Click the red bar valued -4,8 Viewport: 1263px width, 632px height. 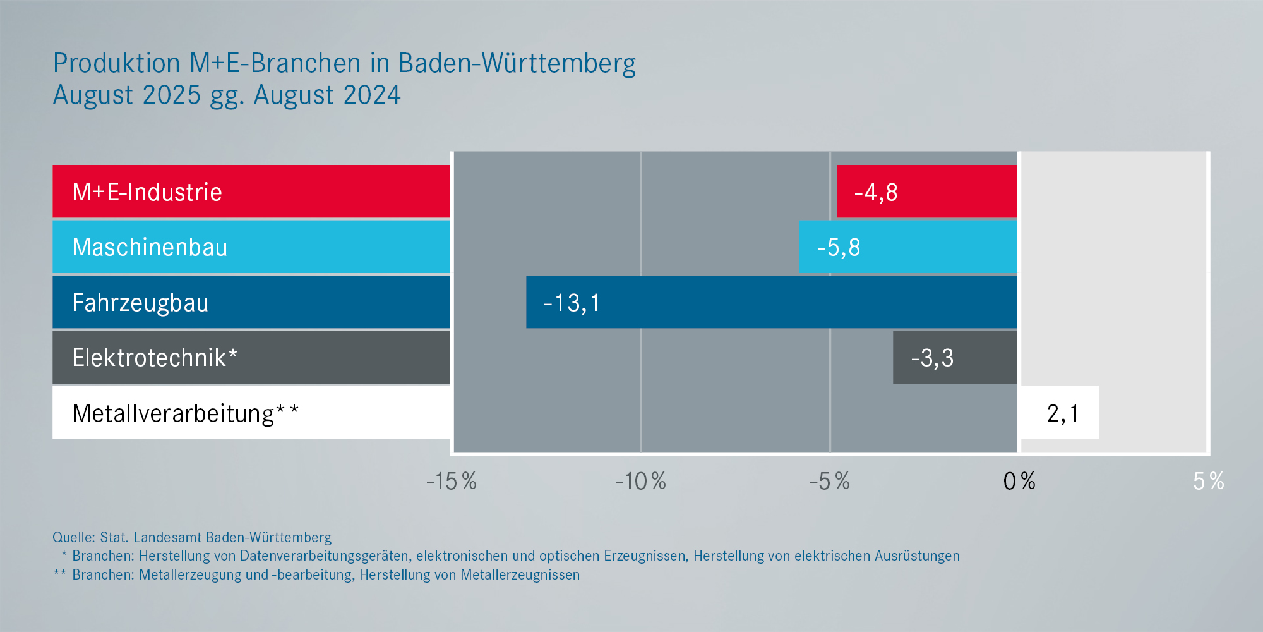pyautogui.click(x=926, y=191)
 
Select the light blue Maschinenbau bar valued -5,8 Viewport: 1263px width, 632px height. pyautogui.click(x=907, y=247)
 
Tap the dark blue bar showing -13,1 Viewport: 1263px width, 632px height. pyautogui.click(x=771, y=302)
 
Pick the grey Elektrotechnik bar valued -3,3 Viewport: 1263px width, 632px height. pyautogui.click(x=955, y=358)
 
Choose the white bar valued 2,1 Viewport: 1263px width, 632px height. pyautogui.click(x=1060, y=413)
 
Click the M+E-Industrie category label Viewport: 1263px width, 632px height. pyautogui.click(x=147, y=192)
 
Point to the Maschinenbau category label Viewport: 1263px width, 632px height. pyautogui.click(x=150, y=247)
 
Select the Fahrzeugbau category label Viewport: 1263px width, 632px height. pyautogui.click(x=140, y=303)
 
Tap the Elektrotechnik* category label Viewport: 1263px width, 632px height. pyautogui.click(x=155, y=358)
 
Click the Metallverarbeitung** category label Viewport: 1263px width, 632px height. pyautogui.click(x=185, y=413)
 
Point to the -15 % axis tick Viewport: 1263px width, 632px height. pyautogui.click(x=451, y=482)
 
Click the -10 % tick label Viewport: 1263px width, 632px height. pyautogui.click(x=640, y=482)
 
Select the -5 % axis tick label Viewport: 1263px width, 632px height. pyautogui.click(x=830, y=482)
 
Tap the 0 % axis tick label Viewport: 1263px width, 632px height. pyautogui.click(x=1019, y=482)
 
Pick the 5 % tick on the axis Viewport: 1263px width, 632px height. pyautogui.click(x=1208, y=482)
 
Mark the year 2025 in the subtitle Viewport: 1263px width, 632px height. pyautogui.click(x=172, y=95)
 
